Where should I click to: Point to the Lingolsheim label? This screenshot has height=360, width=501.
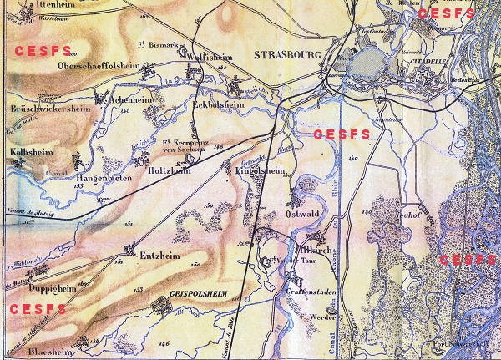(261, 172)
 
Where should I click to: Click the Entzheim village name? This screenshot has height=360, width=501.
(160, 255)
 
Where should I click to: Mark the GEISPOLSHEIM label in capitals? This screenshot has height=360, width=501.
(198, 295)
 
